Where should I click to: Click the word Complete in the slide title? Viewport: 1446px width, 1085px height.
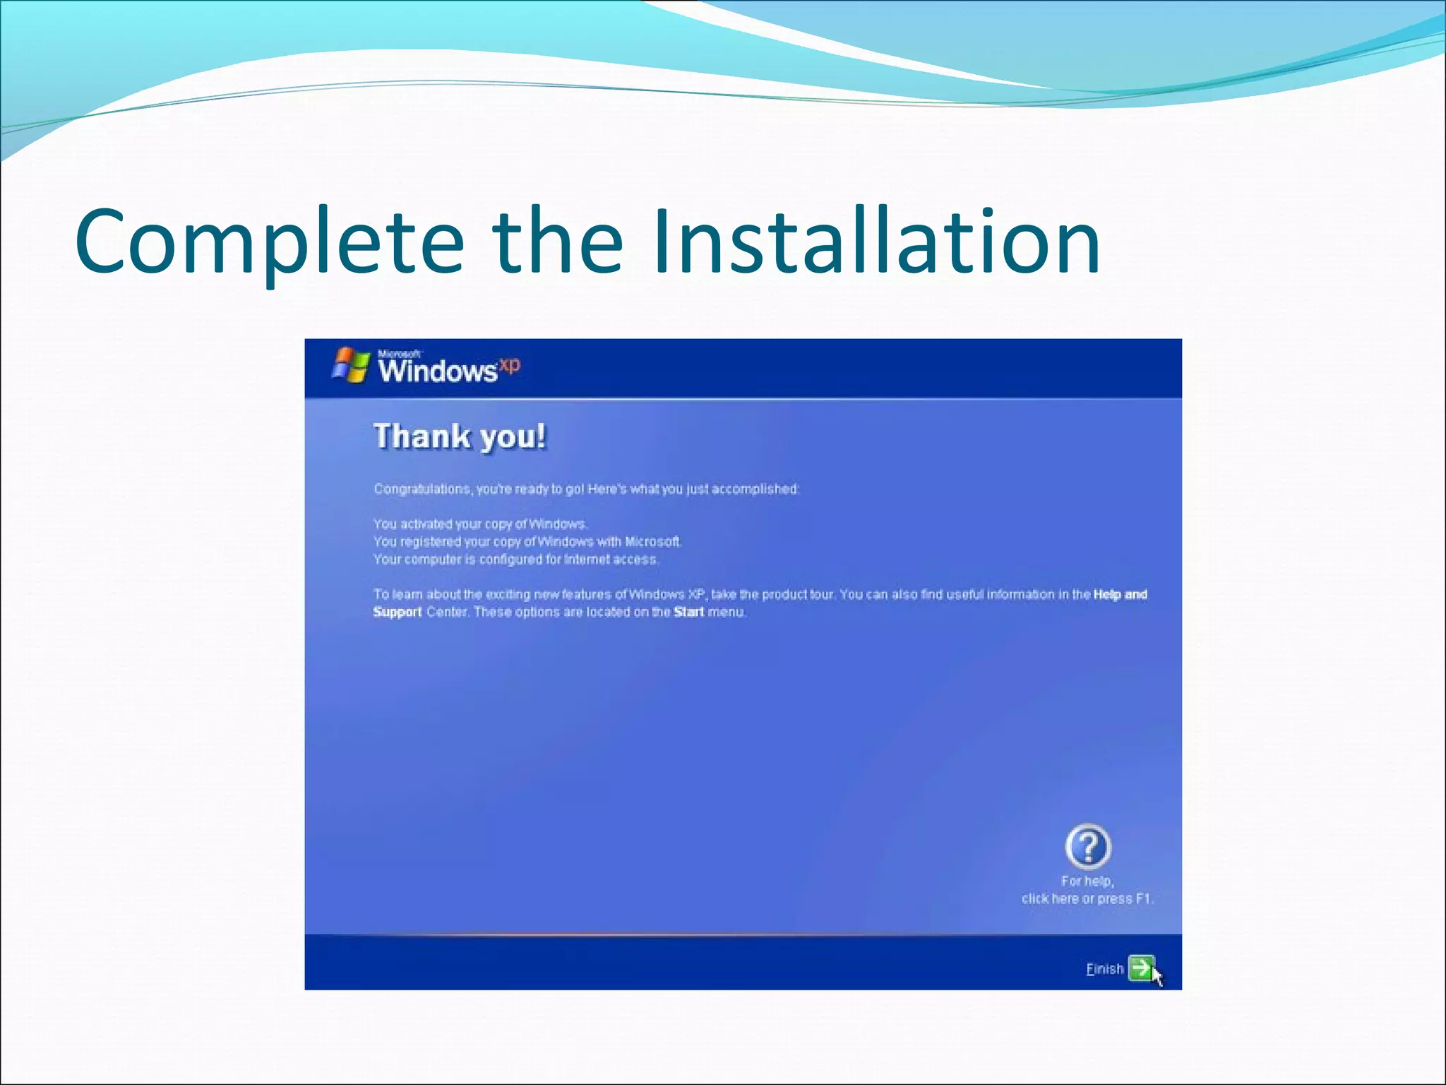269,242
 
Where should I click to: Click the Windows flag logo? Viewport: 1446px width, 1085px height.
351,364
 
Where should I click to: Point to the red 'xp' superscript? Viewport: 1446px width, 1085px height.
510,364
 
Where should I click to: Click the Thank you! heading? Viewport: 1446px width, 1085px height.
460,437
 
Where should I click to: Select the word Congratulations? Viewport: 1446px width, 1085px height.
422,489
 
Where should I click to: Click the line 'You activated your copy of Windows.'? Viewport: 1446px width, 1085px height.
480,524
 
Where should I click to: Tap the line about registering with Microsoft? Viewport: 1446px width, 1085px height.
527,542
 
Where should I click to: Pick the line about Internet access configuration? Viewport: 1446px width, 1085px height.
515,559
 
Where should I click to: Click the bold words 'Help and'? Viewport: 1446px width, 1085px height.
1120,595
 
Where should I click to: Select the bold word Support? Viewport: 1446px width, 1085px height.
398,612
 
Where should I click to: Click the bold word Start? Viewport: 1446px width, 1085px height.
688,612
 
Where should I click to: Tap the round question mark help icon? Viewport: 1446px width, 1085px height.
1088,846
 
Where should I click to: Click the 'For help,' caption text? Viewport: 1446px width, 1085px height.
1087,881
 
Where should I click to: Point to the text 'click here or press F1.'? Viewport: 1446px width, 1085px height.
1087,899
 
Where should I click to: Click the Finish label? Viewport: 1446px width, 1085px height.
1104,969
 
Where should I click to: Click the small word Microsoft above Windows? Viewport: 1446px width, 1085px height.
399,354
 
